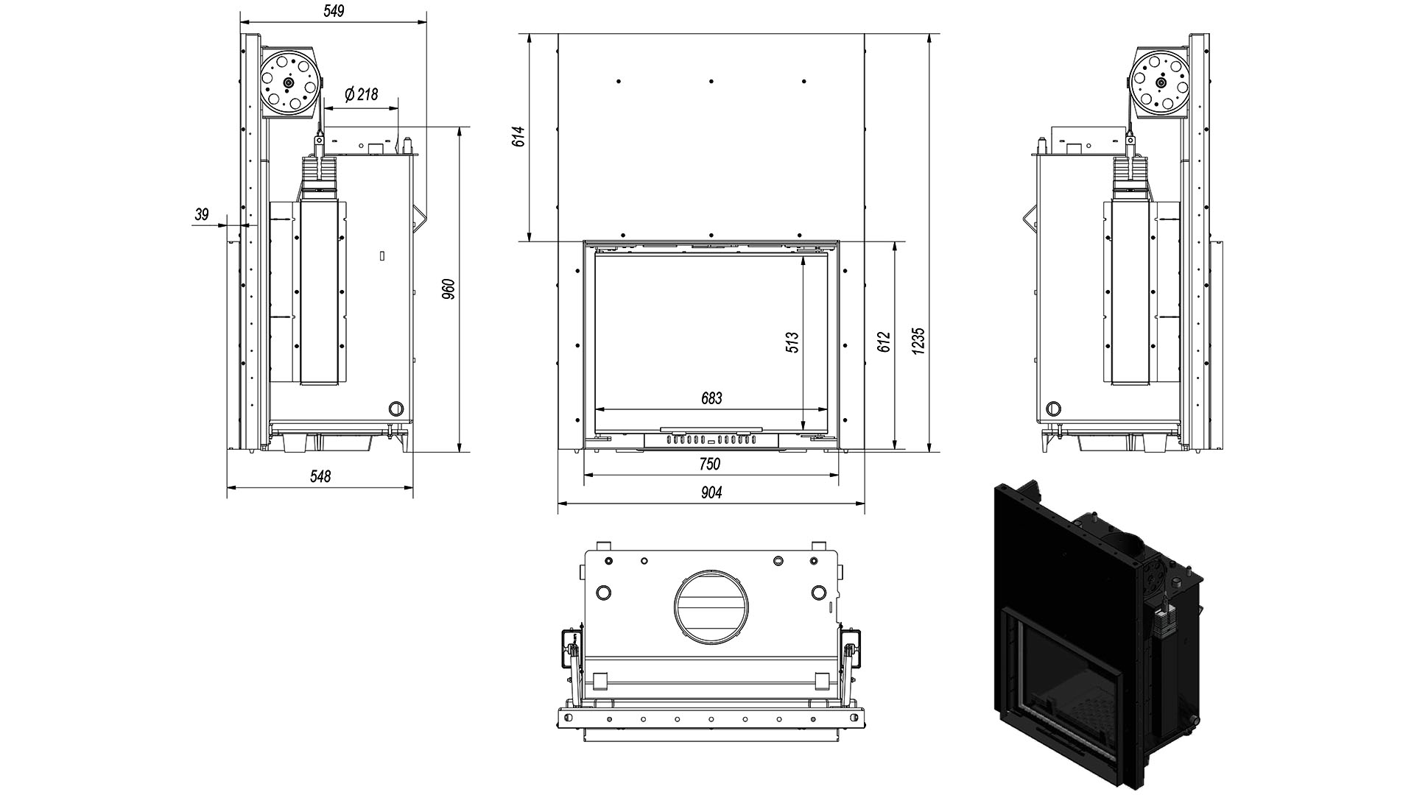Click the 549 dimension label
click(334, 11)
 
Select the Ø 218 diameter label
click(361, 94)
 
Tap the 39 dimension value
click(202, 215)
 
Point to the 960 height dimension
click(449, 289)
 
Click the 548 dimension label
click(320, 476)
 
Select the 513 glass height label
click(792, 342)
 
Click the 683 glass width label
click(711, 398)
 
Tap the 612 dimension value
click(884, 342)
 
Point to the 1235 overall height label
click(918, 342)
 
